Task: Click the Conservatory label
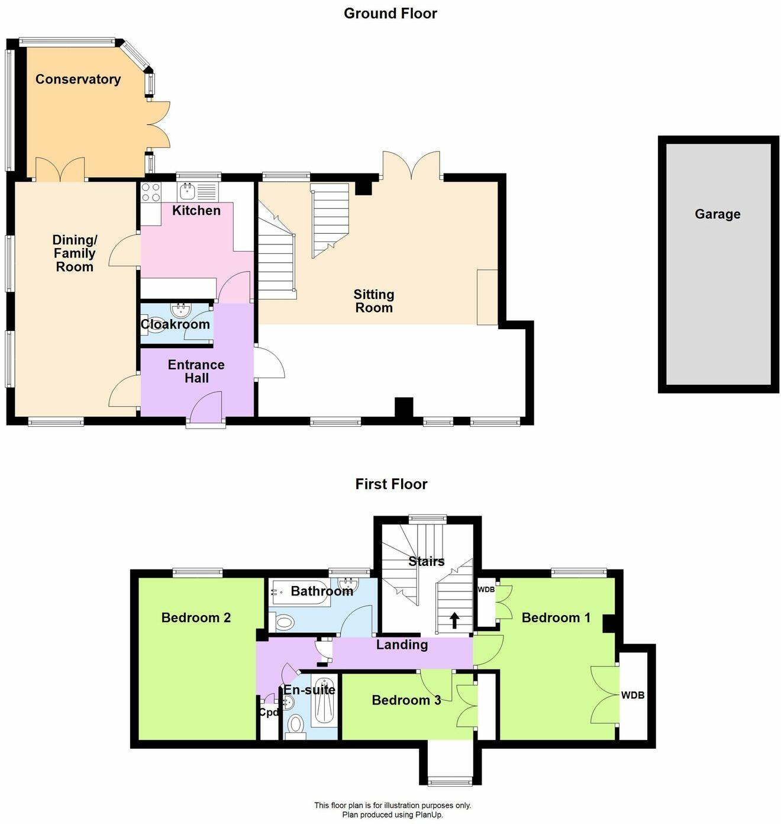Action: (78, 79)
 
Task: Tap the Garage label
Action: (717, 214)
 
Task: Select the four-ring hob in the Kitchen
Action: (151, 193)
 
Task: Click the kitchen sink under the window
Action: (188, 191)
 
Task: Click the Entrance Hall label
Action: (196, 371)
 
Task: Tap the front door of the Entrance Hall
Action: (205, 410)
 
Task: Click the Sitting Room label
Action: (373, 301)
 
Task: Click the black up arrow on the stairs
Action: (454, 620)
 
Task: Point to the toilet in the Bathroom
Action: (284, 622)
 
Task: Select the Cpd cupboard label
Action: (268, 712)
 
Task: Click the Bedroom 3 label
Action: (406, 700)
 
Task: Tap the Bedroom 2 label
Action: (196, 618)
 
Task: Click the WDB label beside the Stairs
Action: (486, 590)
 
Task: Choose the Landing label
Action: (402, 645)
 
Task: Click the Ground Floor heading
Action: (390, 14)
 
